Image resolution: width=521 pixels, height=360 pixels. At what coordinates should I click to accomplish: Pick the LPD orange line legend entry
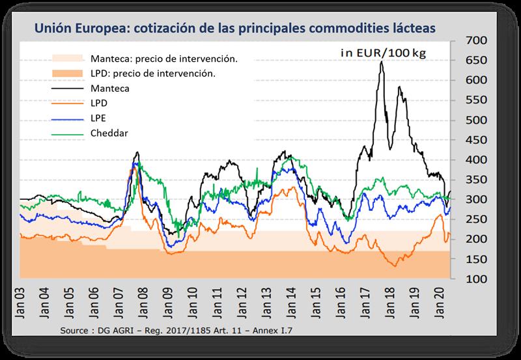[100, 103]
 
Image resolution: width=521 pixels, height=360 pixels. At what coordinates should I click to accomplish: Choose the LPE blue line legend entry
[100, 118]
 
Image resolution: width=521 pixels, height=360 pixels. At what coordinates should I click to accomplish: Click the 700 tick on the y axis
[477, 40]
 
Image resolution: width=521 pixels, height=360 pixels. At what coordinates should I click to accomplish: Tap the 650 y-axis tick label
[477, 60]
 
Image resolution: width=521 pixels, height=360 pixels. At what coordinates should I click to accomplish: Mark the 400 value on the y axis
[477, 159]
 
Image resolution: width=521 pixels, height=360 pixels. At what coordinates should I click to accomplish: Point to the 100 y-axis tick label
[477, 279]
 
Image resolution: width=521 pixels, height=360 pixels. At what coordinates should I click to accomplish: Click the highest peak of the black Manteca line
[382, 62]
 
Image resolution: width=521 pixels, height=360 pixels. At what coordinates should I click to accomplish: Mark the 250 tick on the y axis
[477, 219]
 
